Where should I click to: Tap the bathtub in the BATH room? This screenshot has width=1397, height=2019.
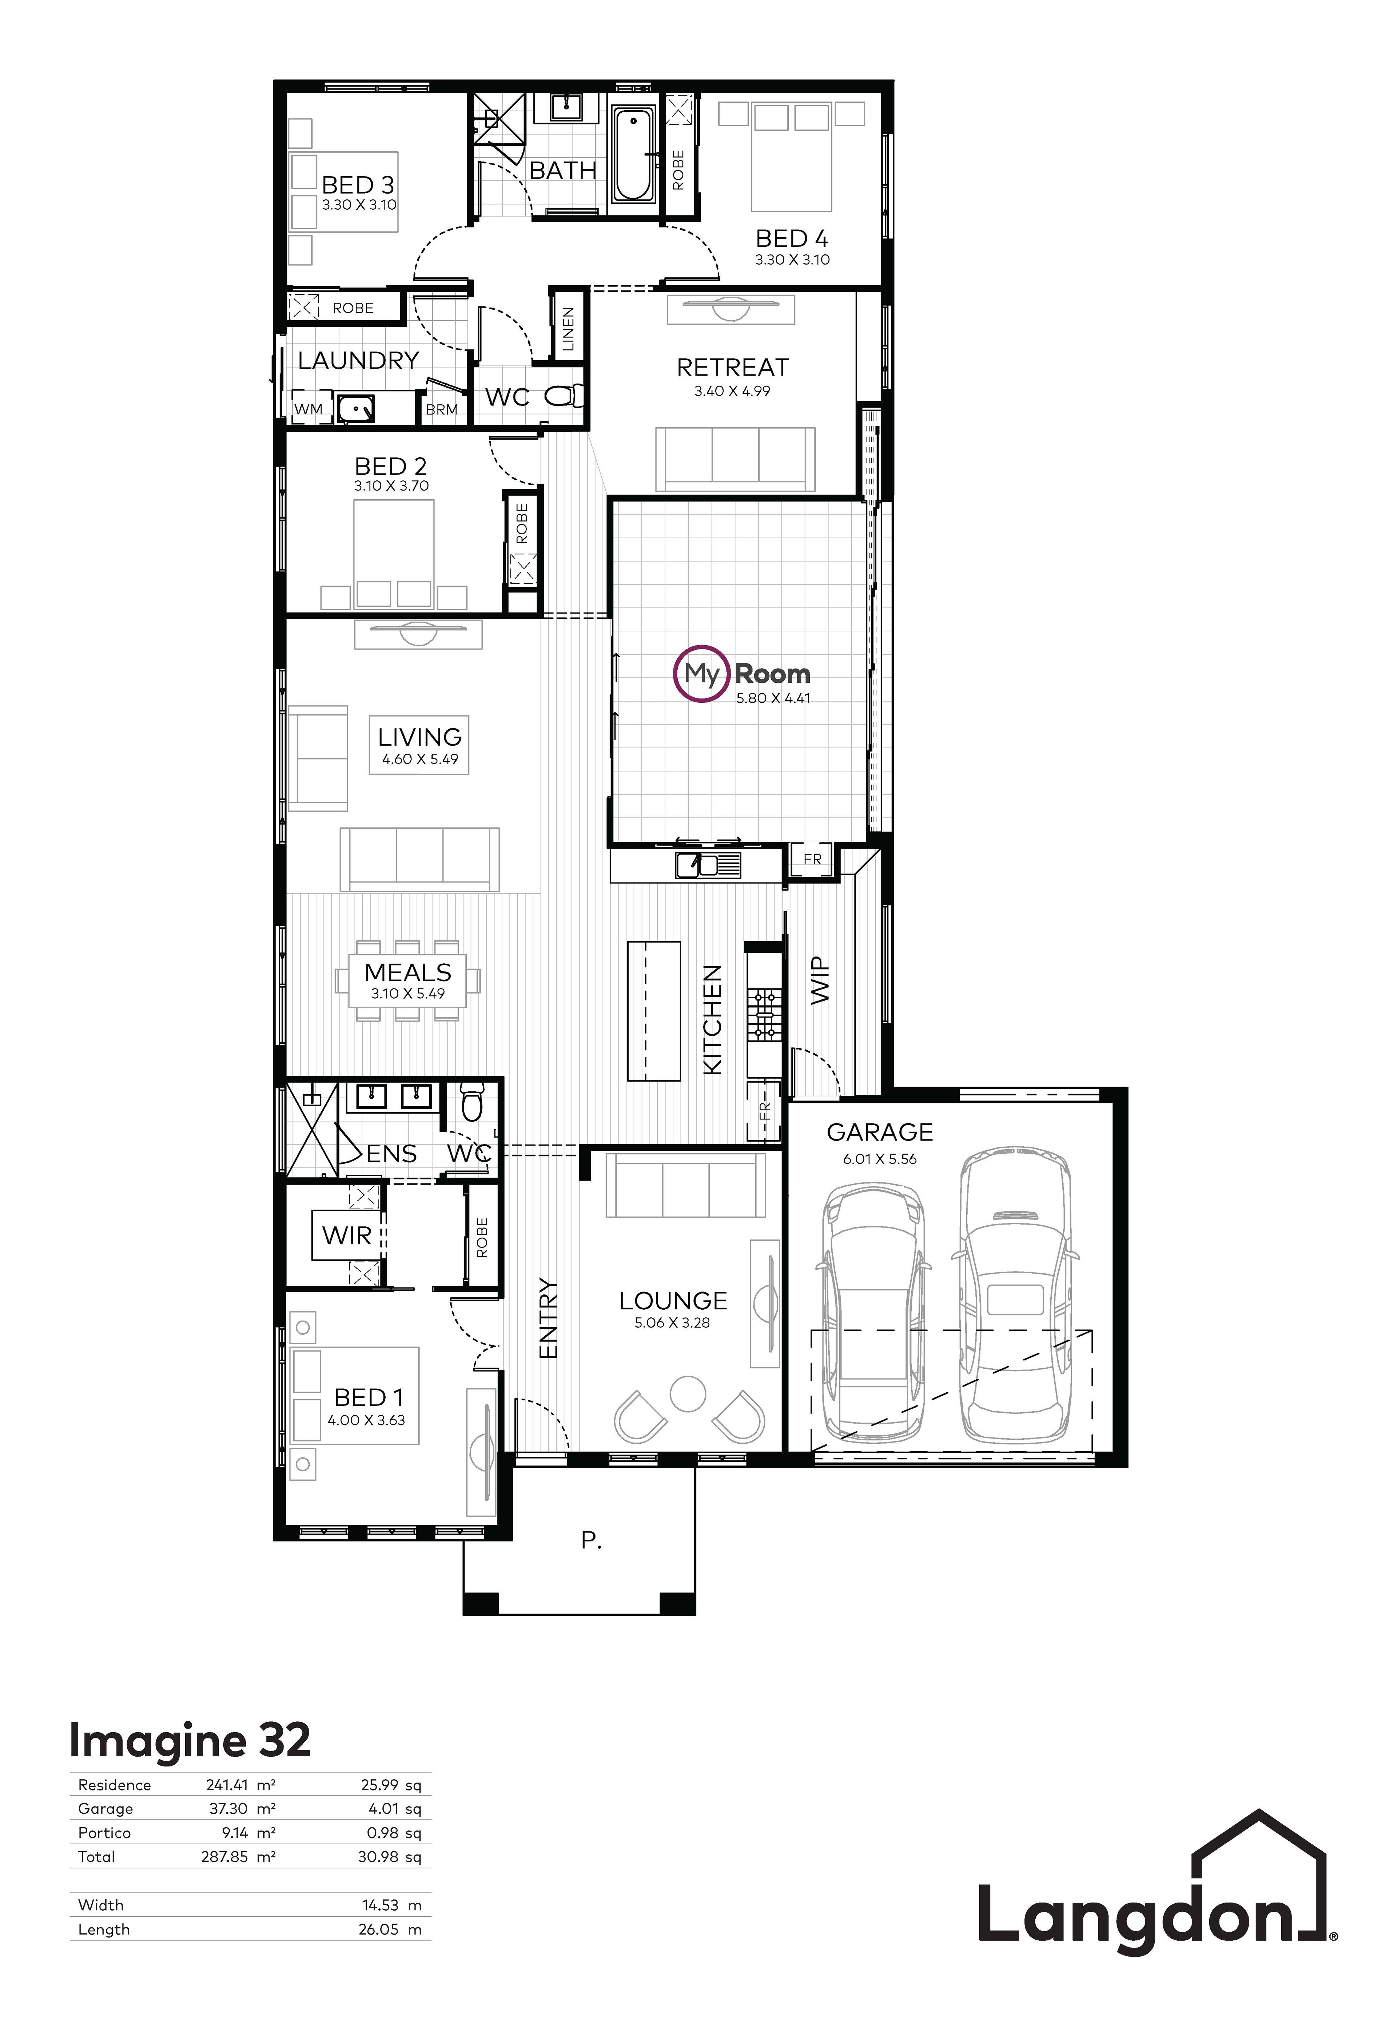click(632, 154)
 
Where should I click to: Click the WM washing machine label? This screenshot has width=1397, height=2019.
click(308, 409)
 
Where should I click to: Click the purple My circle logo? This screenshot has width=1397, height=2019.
click(701, 674)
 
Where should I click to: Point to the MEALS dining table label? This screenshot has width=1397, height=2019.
click(408, 973)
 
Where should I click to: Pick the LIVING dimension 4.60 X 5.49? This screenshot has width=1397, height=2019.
click(420, 759)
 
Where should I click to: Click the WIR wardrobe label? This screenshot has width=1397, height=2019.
click(347, 1235)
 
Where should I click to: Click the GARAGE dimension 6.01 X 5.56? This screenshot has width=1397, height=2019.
click(880, 1159)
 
